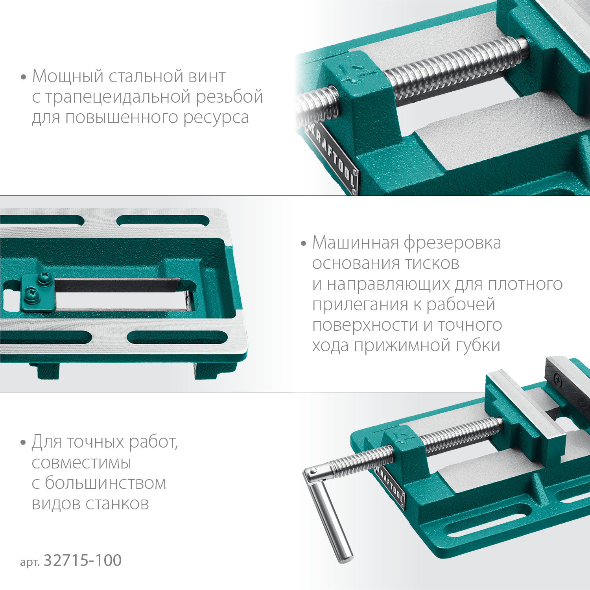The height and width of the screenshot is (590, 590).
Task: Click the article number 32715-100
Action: coord(82,560)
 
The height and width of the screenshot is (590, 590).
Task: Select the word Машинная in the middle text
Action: coord(355,243)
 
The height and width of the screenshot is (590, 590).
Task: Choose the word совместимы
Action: coord(81,463)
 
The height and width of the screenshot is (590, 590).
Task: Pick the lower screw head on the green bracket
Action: coord(30,293)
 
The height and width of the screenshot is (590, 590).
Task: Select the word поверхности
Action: coord(365,325)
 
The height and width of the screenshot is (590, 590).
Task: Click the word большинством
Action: coord(105,483)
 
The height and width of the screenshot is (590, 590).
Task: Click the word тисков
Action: coord(432,264)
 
